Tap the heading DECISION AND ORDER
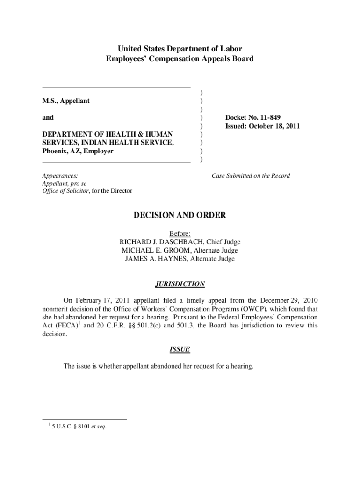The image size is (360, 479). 180,215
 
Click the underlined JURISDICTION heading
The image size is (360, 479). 180,284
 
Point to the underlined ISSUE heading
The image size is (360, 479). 180,349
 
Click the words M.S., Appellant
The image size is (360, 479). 66,101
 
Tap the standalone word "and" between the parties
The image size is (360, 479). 48,118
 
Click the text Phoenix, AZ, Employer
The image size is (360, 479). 78,152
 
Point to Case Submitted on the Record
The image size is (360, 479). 251,176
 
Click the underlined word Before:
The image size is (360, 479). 180,233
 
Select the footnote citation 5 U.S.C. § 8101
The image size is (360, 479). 75,426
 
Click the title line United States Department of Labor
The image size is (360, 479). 180,49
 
